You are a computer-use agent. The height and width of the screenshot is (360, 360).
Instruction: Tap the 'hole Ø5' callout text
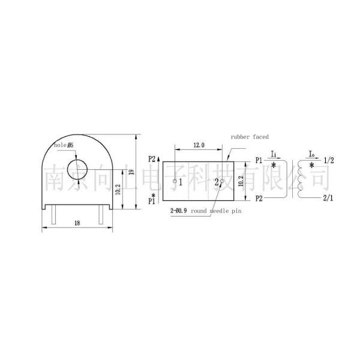[63, 145]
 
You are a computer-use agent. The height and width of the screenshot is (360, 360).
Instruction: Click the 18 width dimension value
[77, 223]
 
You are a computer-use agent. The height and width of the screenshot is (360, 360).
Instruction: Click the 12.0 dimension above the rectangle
[199, 145]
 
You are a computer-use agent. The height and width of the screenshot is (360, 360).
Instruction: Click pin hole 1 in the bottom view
[175, 181]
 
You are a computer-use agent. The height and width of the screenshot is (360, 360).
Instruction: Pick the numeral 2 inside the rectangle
[217, 182]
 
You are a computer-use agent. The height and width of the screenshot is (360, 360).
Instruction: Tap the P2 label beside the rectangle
[152, 159]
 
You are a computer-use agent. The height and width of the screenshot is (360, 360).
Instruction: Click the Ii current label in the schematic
[273, 154]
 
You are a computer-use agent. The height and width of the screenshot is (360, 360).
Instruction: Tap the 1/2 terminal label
[329, 161]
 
